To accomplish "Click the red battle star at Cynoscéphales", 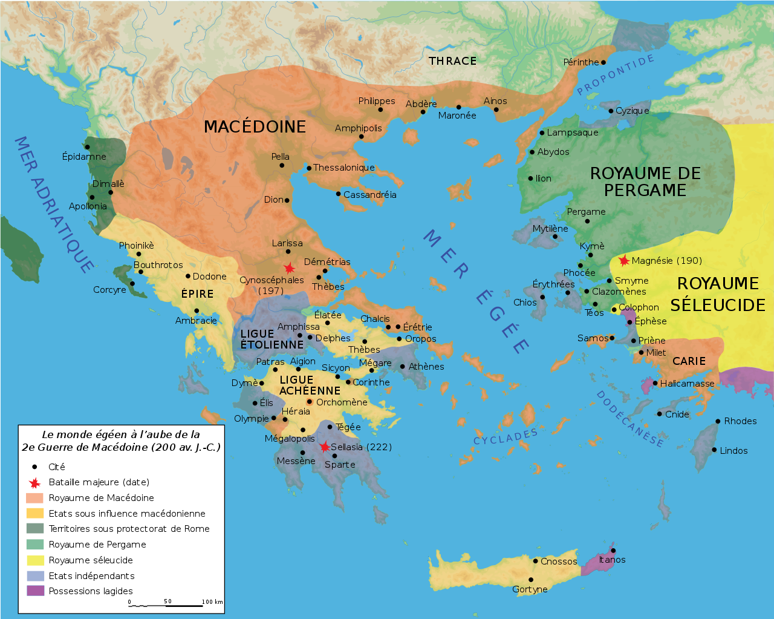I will pos(290,268).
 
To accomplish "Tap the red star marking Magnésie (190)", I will pos(623,261).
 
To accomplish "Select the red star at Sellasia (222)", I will pos(325,447).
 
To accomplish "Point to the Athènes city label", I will pos(426,367).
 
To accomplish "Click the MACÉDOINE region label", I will pos(255,126).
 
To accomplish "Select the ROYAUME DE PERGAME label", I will pos(645,182).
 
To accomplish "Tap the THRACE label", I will pos(452,61).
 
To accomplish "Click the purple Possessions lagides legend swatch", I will pos(35,591).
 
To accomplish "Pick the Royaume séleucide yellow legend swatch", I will pos(35,560).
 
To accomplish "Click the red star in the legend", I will pos(35,482).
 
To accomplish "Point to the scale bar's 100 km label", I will pos(212,601).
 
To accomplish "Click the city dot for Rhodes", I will pos(718,421).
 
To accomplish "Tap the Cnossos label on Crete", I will pos(559,562).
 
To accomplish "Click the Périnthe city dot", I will pos(603,62).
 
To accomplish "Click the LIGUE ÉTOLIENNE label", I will pos(272,339).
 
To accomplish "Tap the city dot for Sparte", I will pos(334,456).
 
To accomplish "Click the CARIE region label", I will pos(689,361).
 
